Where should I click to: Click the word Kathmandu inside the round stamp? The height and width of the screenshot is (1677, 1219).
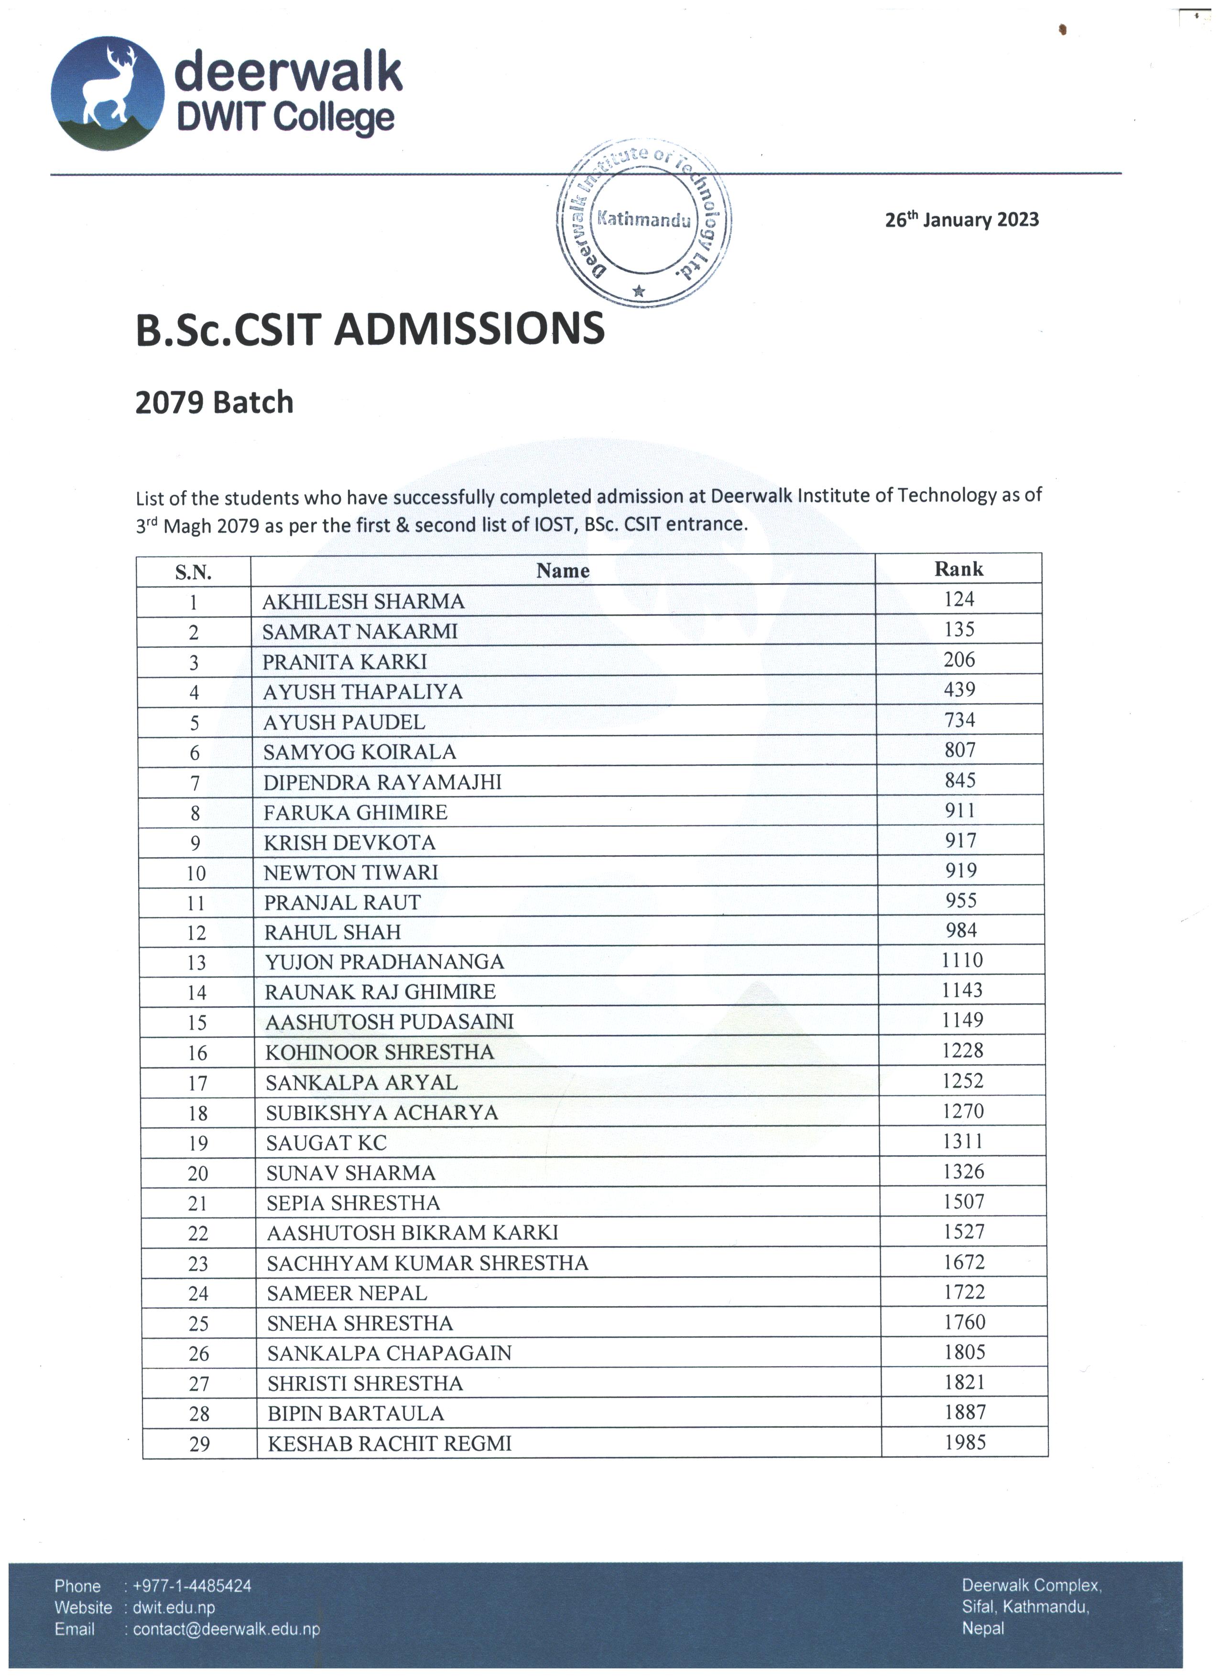point(643,219)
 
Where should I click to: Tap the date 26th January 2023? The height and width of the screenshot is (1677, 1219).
point(962,219)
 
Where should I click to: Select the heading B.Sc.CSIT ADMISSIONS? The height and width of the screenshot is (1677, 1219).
point(370,330)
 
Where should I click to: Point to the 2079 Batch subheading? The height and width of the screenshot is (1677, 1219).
point(214,402)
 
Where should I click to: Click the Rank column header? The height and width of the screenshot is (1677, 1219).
point(959,568)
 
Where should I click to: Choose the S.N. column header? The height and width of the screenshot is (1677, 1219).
point(193,572)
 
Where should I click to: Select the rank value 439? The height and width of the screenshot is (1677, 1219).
point(959,689)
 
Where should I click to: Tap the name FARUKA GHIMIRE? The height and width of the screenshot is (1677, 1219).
point(356,813)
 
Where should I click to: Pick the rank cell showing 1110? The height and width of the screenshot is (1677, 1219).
point(962,960)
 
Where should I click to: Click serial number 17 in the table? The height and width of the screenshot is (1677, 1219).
point(197,1083)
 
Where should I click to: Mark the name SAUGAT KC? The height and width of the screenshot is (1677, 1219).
point(326,1143)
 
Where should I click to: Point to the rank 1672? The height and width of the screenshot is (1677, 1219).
point(964,1262)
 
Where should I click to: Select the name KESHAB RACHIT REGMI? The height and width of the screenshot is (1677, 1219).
point(390,1443)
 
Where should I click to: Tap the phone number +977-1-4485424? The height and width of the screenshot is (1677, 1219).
point(192,1586)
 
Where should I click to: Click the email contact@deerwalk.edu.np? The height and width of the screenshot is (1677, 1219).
point(226,1629)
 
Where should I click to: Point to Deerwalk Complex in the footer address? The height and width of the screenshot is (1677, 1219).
point(1031,1585)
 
